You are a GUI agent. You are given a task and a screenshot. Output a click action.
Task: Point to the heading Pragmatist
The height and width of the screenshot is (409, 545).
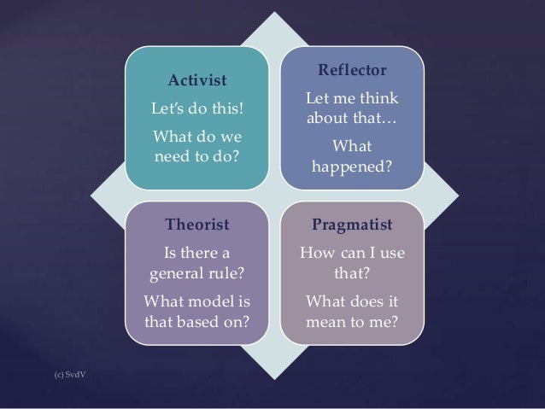click(353, 225)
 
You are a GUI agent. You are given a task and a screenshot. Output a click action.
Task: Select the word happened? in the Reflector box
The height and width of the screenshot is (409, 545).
click(353, 166)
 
